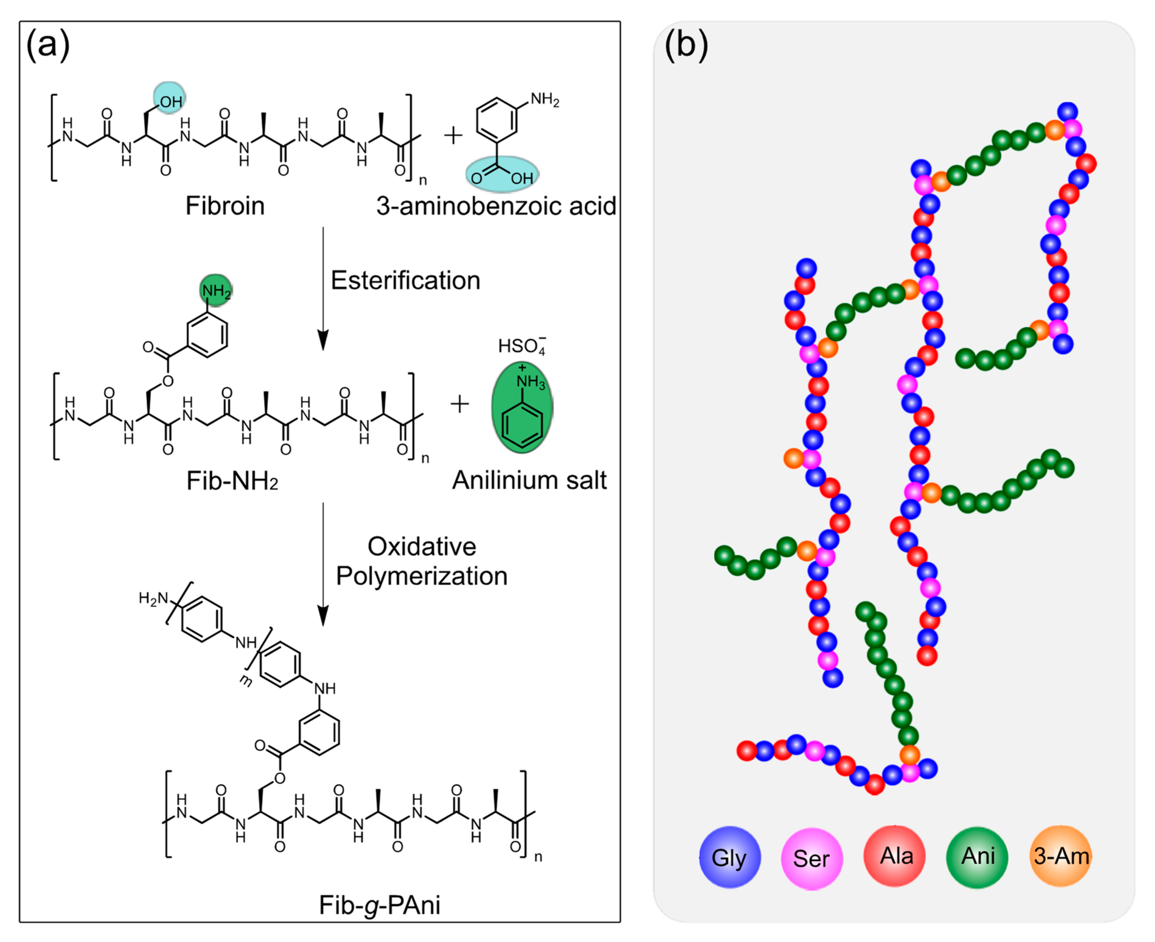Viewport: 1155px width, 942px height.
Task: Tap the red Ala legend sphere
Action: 895,856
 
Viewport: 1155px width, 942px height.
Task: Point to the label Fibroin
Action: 225,206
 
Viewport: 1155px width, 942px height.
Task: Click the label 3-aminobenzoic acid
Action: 496,206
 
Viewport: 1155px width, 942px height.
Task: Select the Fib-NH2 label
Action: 232,480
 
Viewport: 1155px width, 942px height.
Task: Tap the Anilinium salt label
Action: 529,480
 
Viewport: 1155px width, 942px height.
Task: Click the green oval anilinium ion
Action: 522,407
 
